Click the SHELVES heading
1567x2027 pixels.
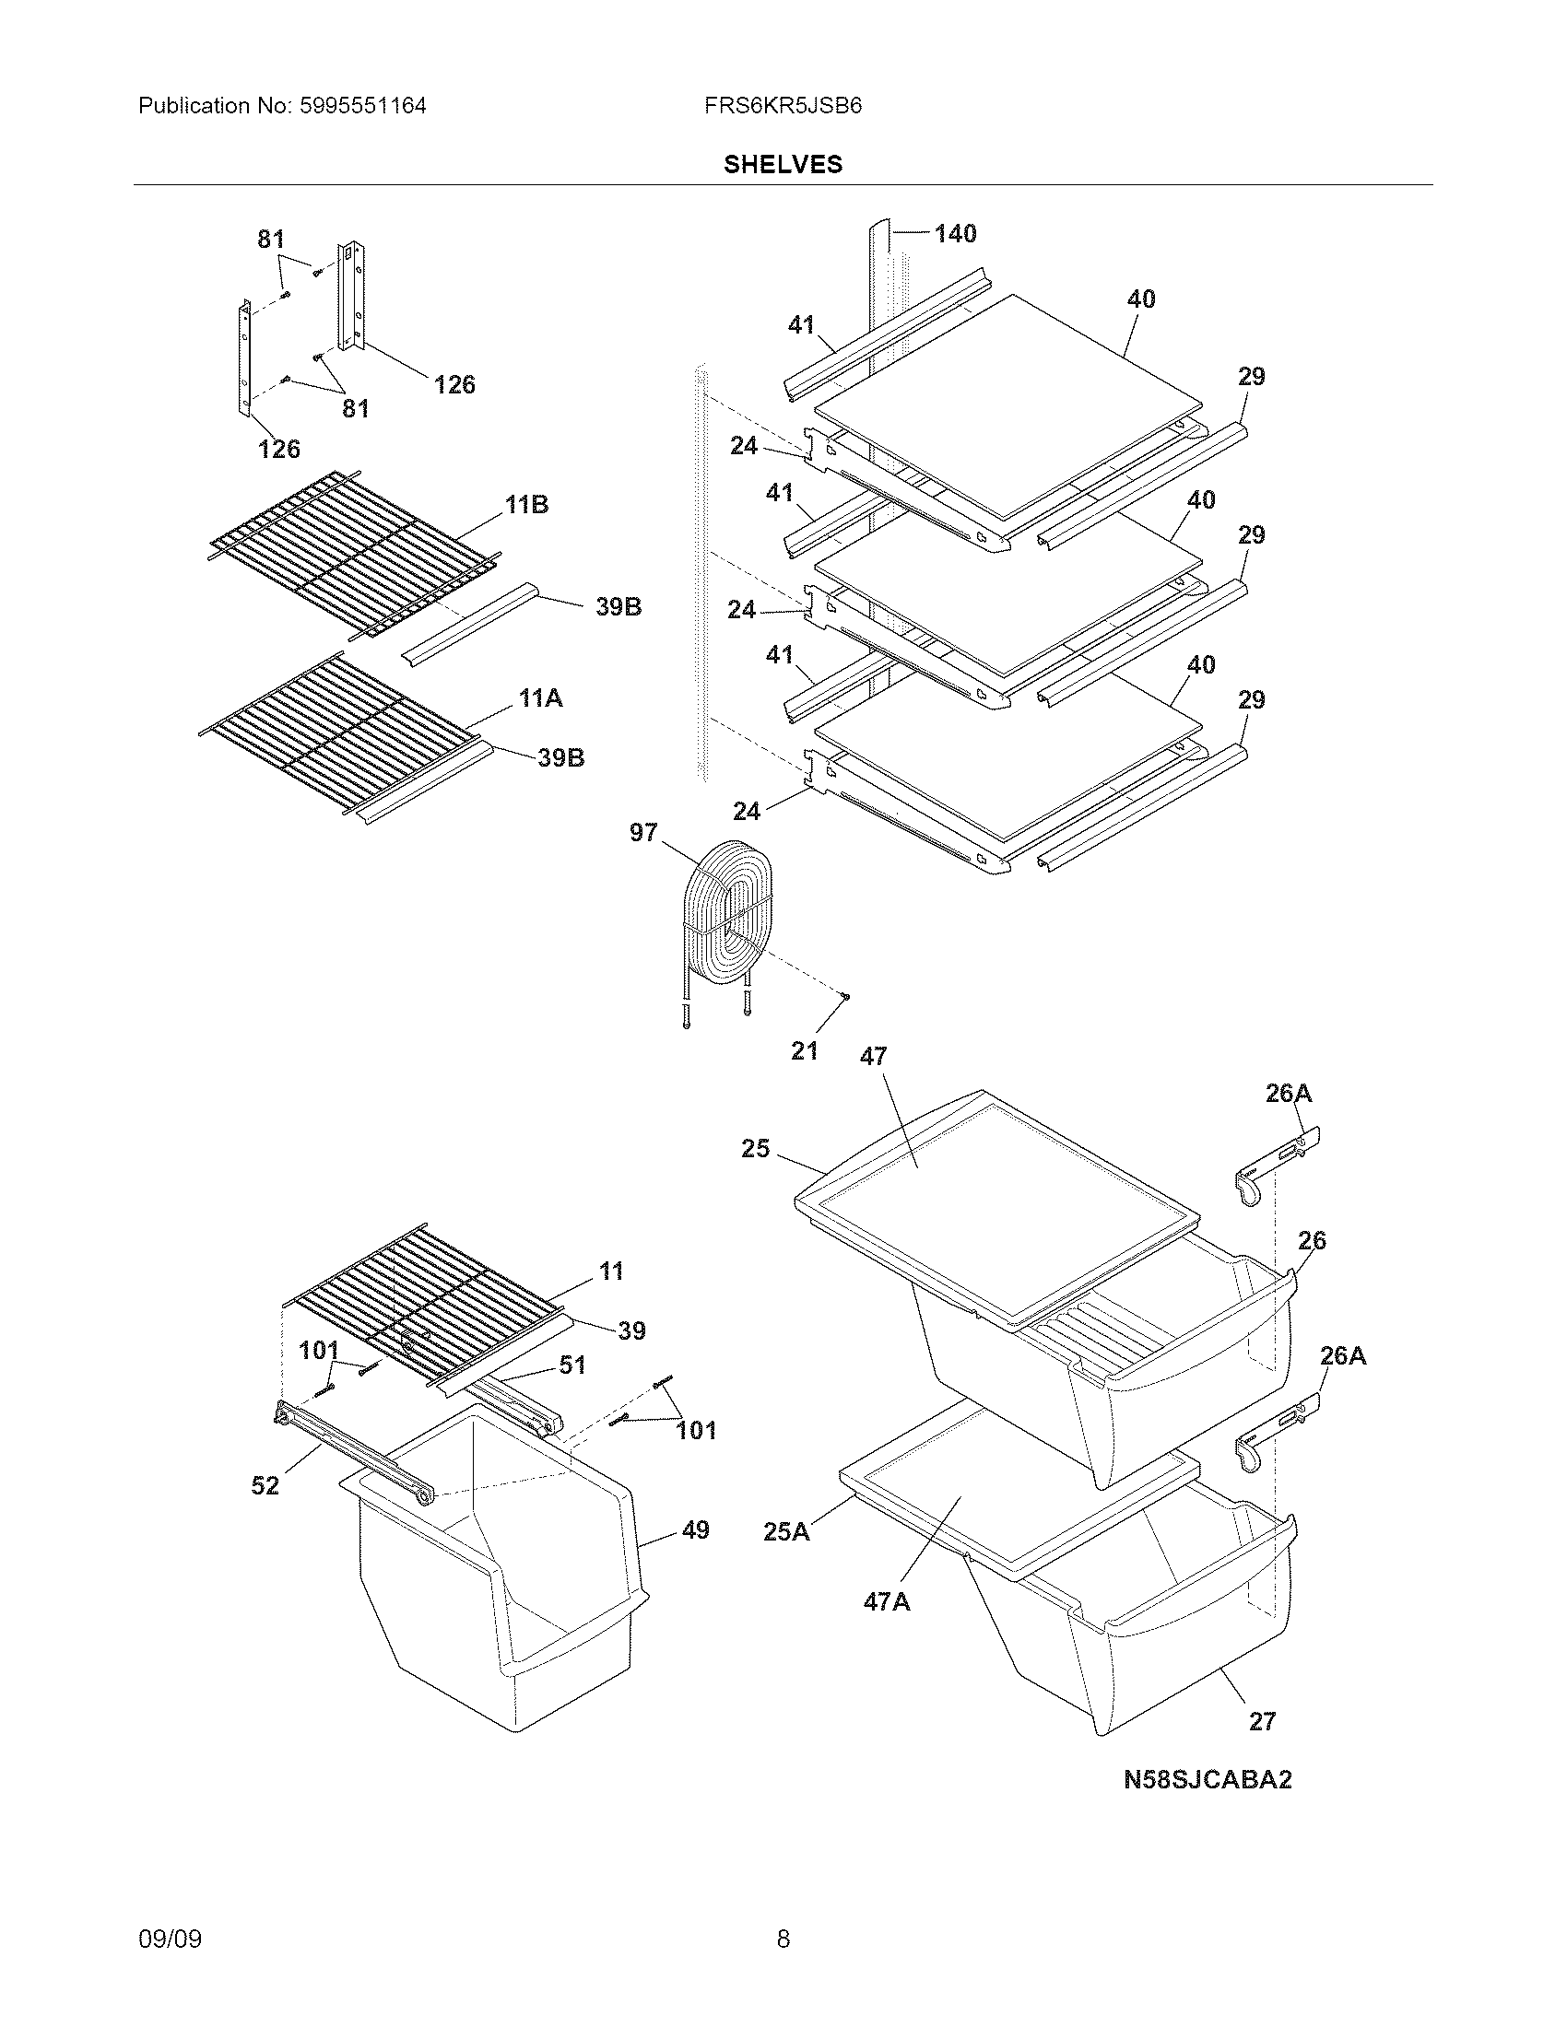[783, 165]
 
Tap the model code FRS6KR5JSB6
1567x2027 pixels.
[783, 106]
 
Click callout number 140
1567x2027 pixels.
[955, 234]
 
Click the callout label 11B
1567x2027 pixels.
[526, 505]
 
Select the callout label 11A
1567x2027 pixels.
[540, 698]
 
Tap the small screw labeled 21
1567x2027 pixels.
[844, 998]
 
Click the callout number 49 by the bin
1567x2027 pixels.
[695, 1529]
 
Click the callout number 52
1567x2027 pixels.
[265, 1486]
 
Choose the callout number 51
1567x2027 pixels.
[571, 1365]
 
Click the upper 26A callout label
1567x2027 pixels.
[1289, 1094]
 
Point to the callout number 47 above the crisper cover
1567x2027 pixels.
[873, 1056]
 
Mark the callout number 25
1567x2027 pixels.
[755, 1149]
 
